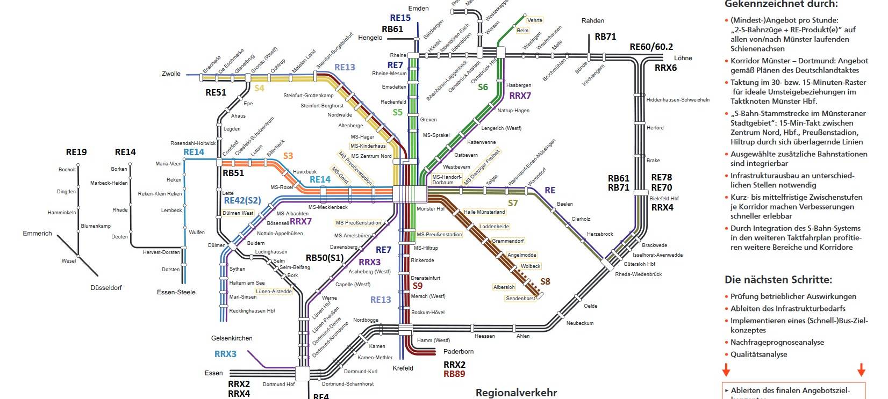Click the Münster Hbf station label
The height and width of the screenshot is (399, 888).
(431, 208)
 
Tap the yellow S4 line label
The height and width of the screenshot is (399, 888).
(259, 88)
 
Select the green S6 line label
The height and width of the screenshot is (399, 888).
(483, 87)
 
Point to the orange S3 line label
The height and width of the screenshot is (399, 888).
(288, 156)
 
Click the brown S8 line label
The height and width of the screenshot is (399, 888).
(545, 281)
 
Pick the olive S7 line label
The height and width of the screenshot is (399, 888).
(513, 203)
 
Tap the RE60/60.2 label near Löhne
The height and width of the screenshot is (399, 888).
(651, 47)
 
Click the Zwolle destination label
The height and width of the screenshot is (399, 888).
(171, 74)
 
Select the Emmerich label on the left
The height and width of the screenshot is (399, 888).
(37, 234)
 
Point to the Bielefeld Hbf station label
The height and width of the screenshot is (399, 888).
(664, 199)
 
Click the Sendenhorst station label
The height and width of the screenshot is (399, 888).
(520, 298)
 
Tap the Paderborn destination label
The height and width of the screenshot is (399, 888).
(459, 352)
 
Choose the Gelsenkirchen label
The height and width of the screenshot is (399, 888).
(232, 338)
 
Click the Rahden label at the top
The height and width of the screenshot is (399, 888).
(592, 21)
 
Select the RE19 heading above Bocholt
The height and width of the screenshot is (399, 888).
(76, 152)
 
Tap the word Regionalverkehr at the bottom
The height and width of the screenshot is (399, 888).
(515, 393)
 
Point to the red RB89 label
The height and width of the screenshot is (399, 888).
(454, 374)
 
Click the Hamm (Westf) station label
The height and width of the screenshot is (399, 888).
(434, 340)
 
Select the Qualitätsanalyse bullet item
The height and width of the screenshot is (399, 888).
(758, 354)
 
